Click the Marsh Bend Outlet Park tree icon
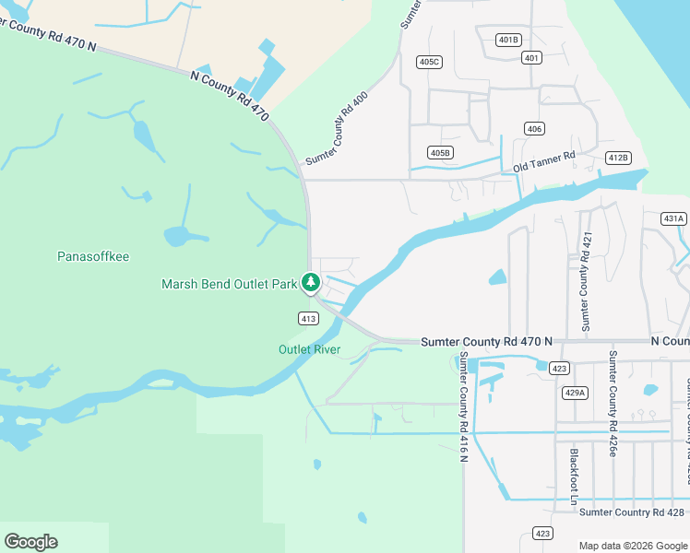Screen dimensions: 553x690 (x=312, y=282)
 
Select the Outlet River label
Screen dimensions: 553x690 (x=310, y=349)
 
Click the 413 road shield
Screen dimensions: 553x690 (x=309, y=319)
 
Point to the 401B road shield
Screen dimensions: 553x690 (x=508, y=40)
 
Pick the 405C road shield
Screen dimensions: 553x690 (x=430, y=62)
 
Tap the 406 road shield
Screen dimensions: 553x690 (x=533, y=128)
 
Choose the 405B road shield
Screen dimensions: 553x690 (x=441, y=152)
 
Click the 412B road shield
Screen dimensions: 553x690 (x=618, y=158)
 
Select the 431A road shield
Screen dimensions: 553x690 (x=674, y=218)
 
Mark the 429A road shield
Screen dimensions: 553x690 (x=574, y=393)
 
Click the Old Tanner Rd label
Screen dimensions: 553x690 (x=544, y=161)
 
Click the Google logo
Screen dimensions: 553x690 (x=30, y=542)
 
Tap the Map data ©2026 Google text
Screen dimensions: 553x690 (x=632, y=546)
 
